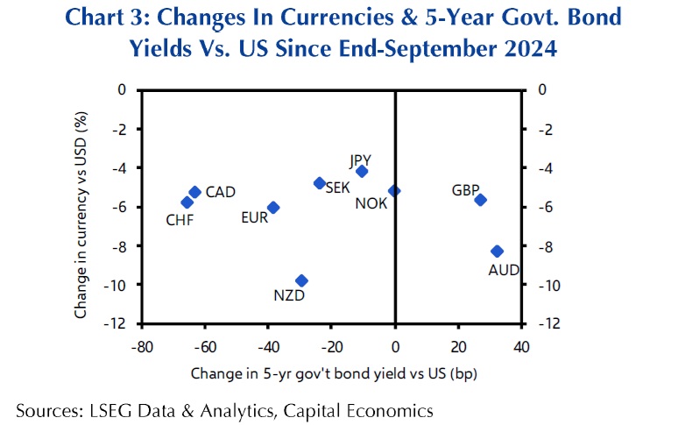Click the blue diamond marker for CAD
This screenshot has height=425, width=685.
coord(194,192)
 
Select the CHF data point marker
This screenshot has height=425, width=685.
coord(186,202)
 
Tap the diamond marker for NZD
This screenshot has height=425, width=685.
coord(301,280)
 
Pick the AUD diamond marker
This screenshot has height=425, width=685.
coord(497,251)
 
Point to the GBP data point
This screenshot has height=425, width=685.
coord(480,200)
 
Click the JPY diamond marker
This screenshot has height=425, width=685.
coord(362,171)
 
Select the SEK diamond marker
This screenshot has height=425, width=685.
coord(320,183)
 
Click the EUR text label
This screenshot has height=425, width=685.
coord(254,216)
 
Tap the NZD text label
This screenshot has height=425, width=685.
coord(288,297)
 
